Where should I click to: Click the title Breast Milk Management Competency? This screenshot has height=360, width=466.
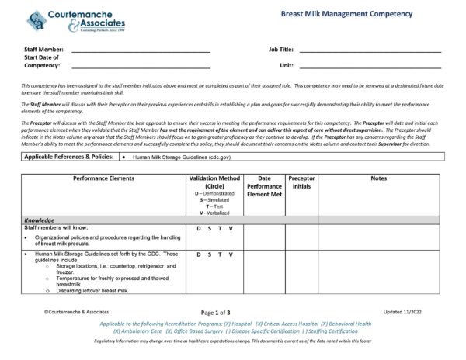[347, 14]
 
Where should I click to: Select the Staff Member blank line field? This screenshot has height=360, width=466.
[140, 51]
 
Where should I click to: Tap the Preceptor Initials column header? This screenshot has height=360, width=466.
[301, 182]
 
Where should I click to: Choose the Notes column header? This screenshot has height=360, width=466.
[378, 178]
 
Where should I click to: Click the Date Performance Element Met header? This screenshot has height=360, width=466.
[263, 186]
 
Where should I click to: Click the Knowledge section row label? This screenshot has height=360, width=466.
[40, 220]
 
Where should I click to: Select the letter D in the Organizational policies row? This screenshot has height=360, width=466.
[199, 229]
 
